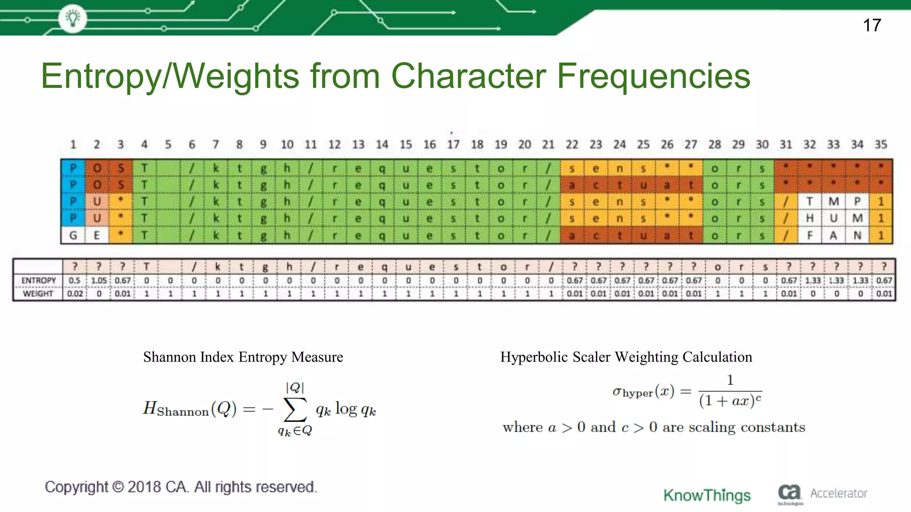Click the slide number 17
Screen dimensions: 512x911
pyautogui.click(x=872, y=25)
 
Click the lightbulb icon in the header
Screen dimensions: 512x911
pyautogui.click(x=73, y=18)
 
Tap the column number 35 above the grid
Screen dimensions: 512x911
pyautogui.click(x=881, y=144)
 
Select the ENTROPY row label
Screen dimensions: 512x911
pyautogui.click(x=39, y=280)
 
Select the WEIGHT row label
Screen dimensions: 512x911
pyautogui.click(x=38, y=294)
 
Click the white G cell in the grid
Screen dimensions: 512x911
pyautogui.click(x=73, y=235)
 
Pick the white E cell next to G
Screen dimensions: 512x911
pyautogui.click(x=97, y=235)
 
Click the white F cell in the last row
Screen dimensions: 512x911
pyautogui.click(x=810, y=235)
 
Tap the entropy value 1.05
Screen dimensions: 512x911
pyautogui.click(x=99, y=280)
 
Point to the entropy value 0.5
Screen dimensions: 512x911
pyautogui.click(x=75, y=280)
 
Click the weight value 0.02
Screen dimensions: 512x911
pyautogui.click(x=75, y=294)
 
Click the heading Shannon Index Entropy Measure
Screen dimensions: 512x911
pyautogui.click(x=243, y=357)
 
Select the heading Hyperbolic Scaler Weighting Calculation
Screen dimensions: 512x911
pyautogui.click(x=626, y=357)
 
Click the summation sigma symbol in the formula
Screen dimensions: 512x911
pyautogui.click(x=295, y=409)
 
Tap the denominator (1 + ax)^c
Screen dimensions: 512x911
pyautogui.click(x=730, y=401)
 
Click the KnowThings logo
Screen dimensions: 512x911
pyautogui.click(x=707, y=495)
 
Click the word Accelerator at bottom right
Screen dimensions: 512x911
pyautogui.click(x=838, y=493)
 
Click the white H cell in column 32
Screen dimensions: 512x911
pyautogui.click(x=810, y=218)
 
